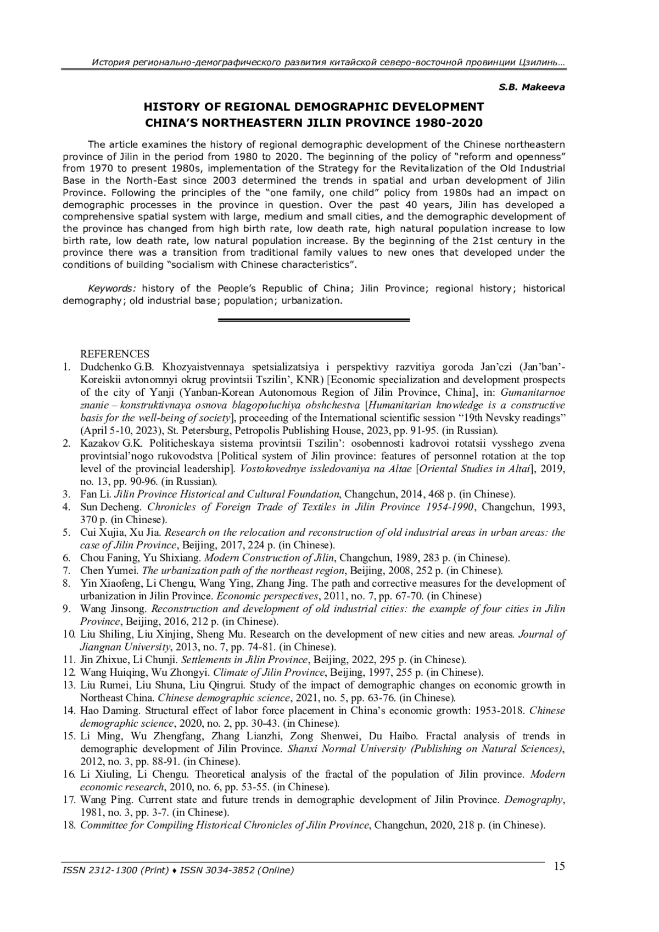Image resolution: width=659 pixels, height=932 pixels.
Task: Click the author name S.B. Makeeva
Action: tap(532, 87)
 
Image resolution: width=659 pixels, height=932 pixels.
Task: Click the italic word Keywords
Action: tap(112, 288)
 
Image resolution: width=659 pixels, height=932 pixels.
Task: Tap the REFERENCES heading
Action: tap(115, 354)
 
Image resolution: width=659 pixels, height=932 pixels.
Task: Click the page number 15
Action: tap(559, 867)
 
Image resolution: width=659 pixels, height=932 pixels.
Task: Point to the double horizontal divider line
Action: tap(314, 320)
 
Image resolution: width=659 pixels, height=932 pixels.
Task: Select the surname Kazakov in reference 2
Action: tap(99, 443)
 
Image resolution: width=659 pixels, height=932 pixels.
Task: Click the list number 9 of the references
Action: tap(66, 609)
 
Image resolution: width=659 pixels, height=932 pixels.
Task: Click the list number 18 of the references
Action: tap(69, 825)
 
